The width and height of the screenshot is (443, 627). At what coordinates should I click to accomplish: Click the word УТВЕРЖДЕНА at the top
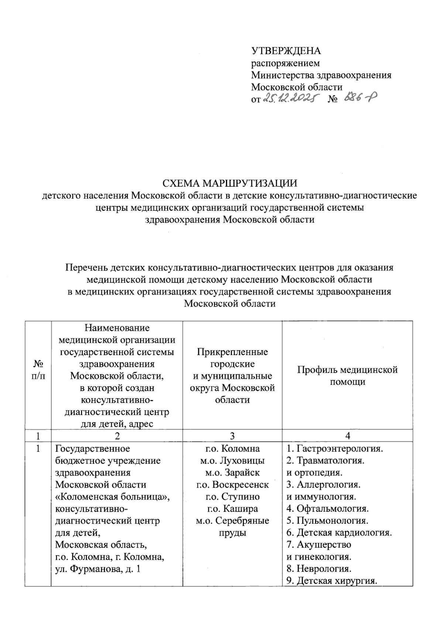[286, 51]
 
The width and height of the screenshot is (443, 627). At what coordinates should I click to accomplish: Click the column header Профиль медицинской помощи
[347, 376]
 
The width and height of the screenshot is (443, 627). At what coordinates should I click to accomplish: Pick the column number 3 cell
[232, 436]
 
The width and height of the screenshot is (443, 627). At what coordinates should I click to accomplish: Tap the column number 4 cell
[347, 436]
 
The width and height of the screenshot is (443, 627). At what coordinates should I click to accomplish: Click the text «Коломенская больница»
[112, 497]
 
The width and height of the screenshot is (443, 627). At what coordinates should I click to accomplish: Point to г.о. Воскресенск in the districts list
[233, 485]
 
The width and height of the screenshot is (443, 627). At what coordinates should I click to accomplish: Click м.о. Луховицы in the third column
[232, 461]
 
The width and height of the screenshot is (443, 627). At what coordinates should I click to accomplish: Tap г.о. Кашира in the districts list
[233, 509]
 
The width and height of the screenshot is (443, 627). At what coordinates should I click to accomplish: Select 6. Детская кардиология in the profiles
[339, 533]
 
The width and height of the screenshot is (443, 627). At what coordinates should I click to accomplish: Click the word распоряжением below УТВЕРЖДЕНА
[285, 63]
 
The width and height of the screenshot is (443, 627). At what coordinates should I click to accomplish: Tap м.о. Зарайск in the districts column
[233, 473]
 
